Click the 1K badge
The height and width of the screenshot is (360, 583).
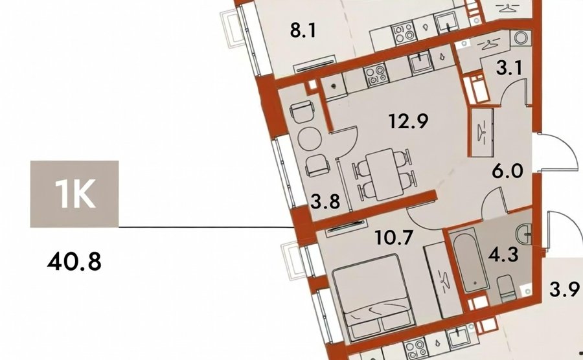click(x=74, y=194)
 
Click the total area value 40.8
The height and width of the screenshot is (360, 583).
click(x=74, y=262)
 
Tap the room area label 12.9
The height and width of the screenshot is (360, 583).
click(x=409, y=120)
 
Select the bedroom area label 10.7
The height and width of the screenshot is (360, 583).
click(x=394, y=237)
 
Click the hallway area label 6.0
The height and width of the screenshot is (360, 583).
click(x=507, y=172)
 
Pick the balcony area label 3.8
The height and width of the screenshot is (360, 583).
click(x=325, y=202)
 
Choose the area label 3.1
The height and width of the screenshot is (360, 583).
click(x=509, y=69)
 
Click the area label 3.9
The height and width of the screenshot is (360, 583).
click(x=565, y=289)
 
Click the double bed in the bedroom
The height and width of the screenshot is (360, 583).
click(x=373, y=297)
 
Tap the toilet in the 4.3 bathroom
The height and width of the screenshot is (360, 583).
click(x=507, y=288)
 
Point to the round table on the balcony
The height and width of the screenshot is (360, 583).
click(x=310, y=139)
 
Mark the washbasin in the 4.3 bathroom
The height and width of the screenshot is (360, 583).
click(x=523, y=233)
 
